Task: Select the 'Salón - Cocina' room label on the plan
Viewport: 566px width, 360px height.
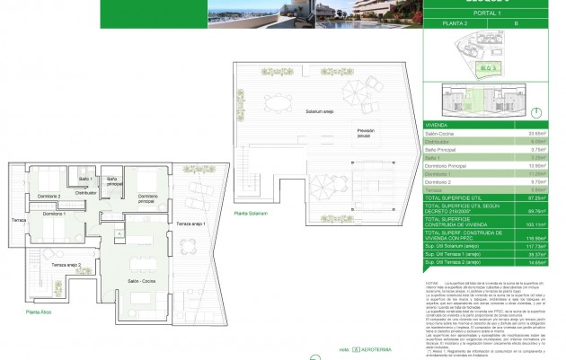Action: point(143,281)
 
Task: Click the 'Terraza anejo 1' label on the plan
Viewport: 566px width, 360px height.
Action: point(190,222)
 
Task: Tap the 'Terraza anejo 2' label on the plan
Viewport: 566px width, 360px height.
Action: point(66,266)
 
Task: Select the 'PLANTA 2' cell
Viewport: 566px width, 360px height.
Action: point(459,40)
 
